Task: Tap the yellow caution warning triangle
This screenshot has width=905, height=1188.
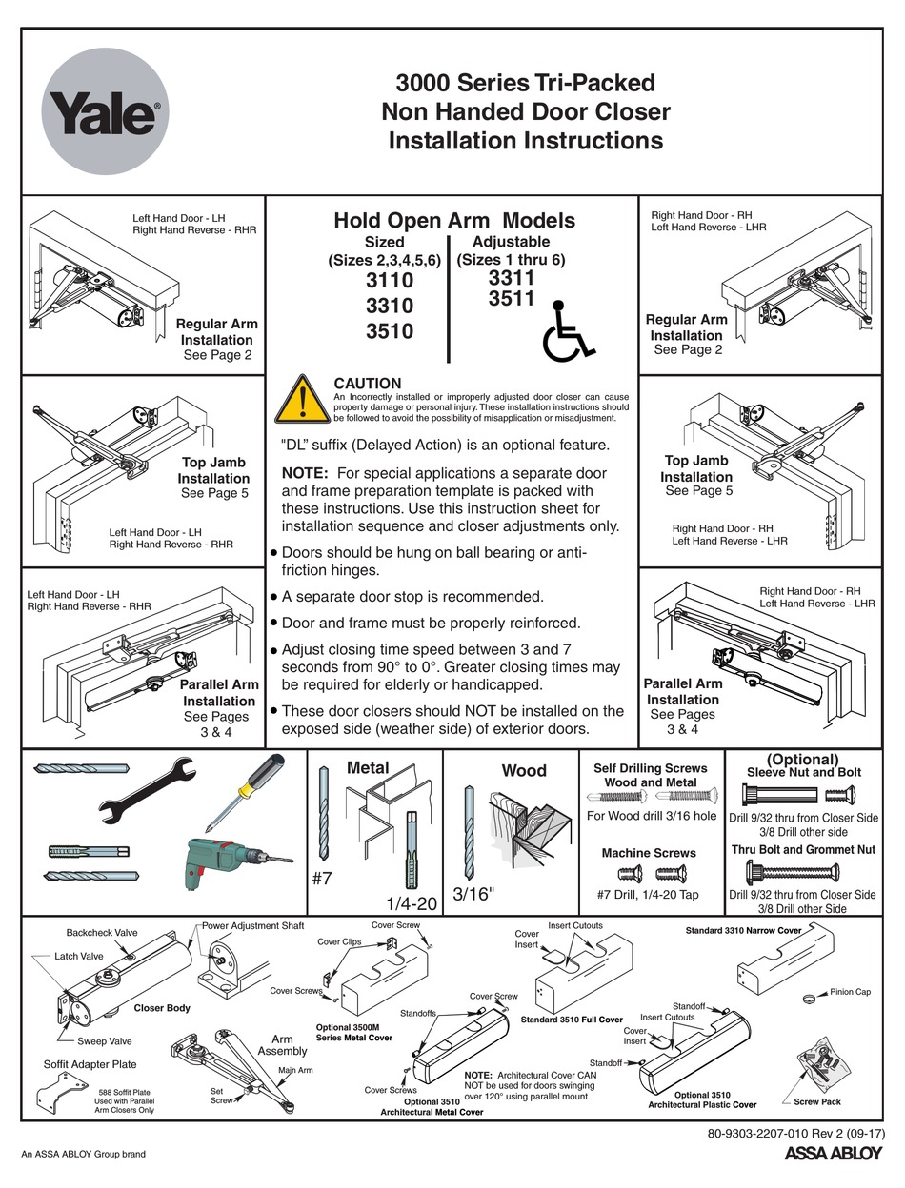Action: (x=301, y=399)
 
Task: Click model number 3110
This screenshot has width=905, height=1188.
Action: (x=390, y=281)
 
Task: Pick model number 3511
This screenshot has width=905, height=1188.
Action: (x=511, y=299)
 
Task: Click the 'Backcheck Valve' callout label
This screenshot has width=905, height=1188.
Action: (x=102, y=933)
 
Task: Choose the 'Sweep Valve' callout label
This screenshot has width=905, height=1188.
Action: (x=106, y=1041)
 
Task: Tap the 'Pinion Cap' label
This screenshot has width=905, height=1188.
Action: (x=850, y=991)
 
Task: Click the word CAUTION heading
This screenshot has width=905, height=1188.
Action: (x=368, y=384)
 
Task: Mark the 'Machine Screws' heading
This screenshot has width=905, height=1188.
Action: (x=649, y=853)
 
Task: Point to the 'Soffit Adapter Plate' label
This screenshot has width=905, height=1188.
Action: (x=90, y=1064)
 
